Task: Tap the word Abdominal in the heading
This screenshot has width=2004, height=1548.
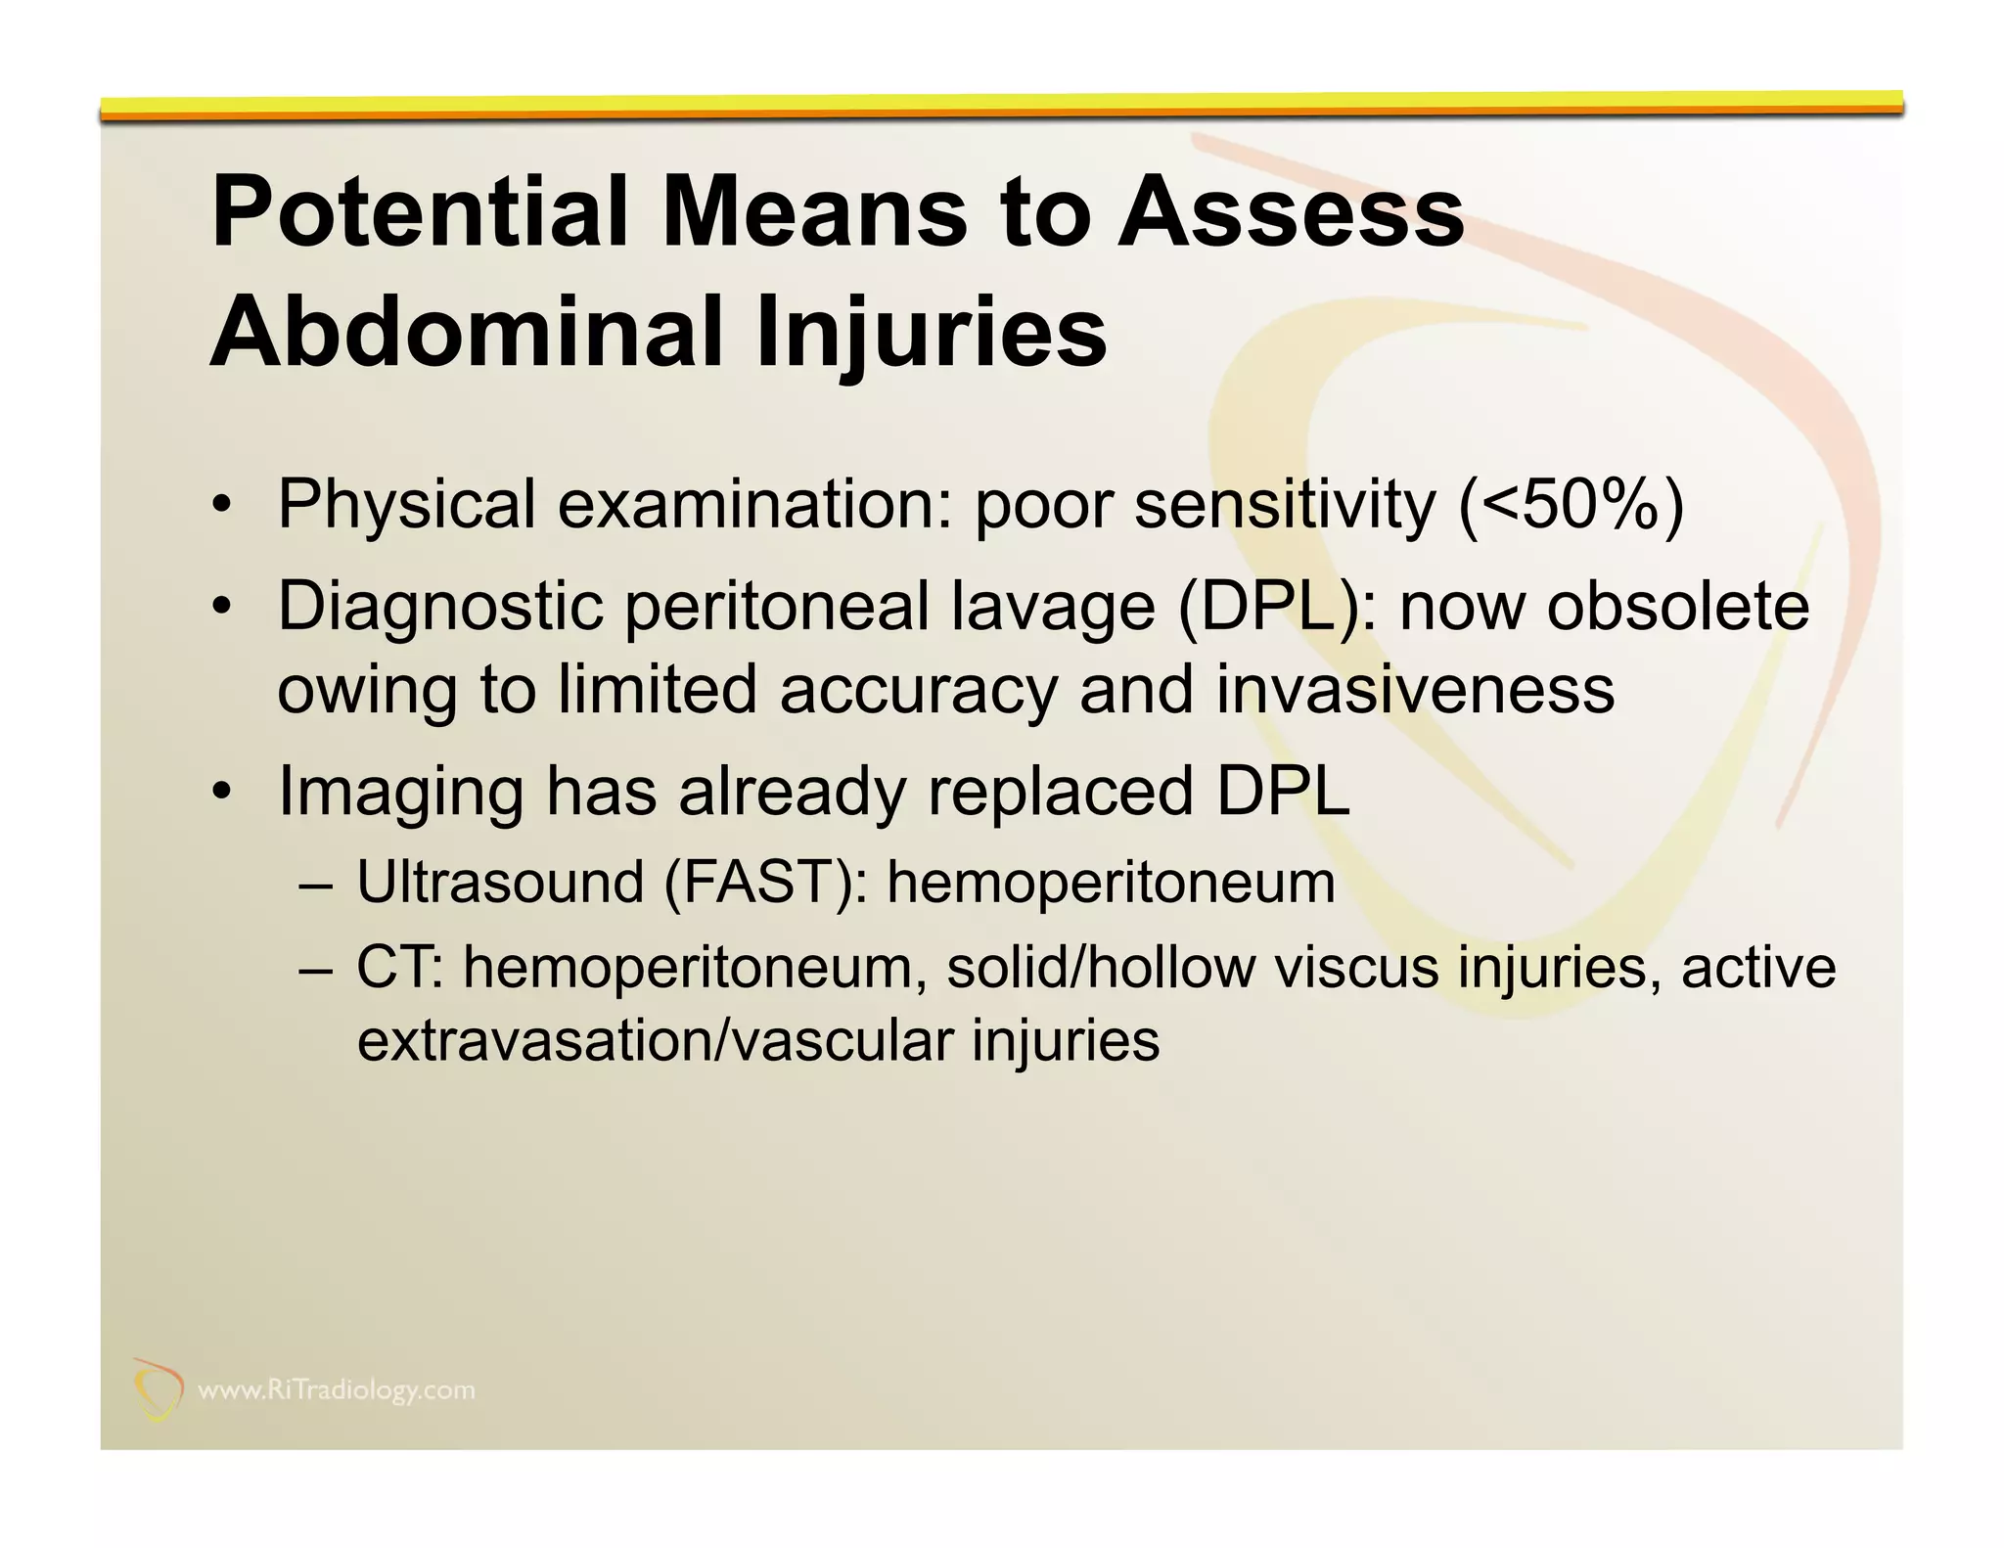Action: click(465, 332)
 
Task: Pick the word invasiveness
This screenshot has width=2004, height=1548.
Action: click(1415, 690)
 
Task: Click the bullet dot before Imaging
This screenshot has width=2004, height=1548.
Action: click(223, 793)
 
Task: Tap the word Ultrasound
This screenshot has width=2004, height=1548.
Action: click(500, 883)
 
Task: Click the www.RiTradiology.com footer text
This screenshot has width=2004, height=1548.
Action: click(337, 1390)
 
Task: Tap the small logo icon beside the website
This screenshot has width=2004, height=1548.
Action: click(158, 1389)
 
